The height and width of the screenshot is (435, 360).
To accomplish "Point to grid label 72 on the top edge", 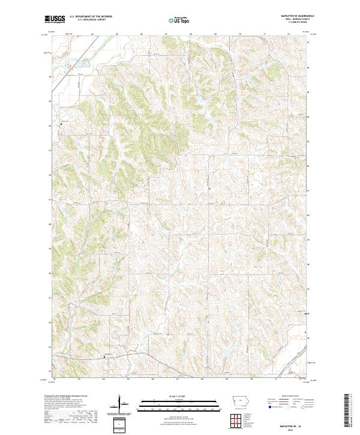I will [289, 34].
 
